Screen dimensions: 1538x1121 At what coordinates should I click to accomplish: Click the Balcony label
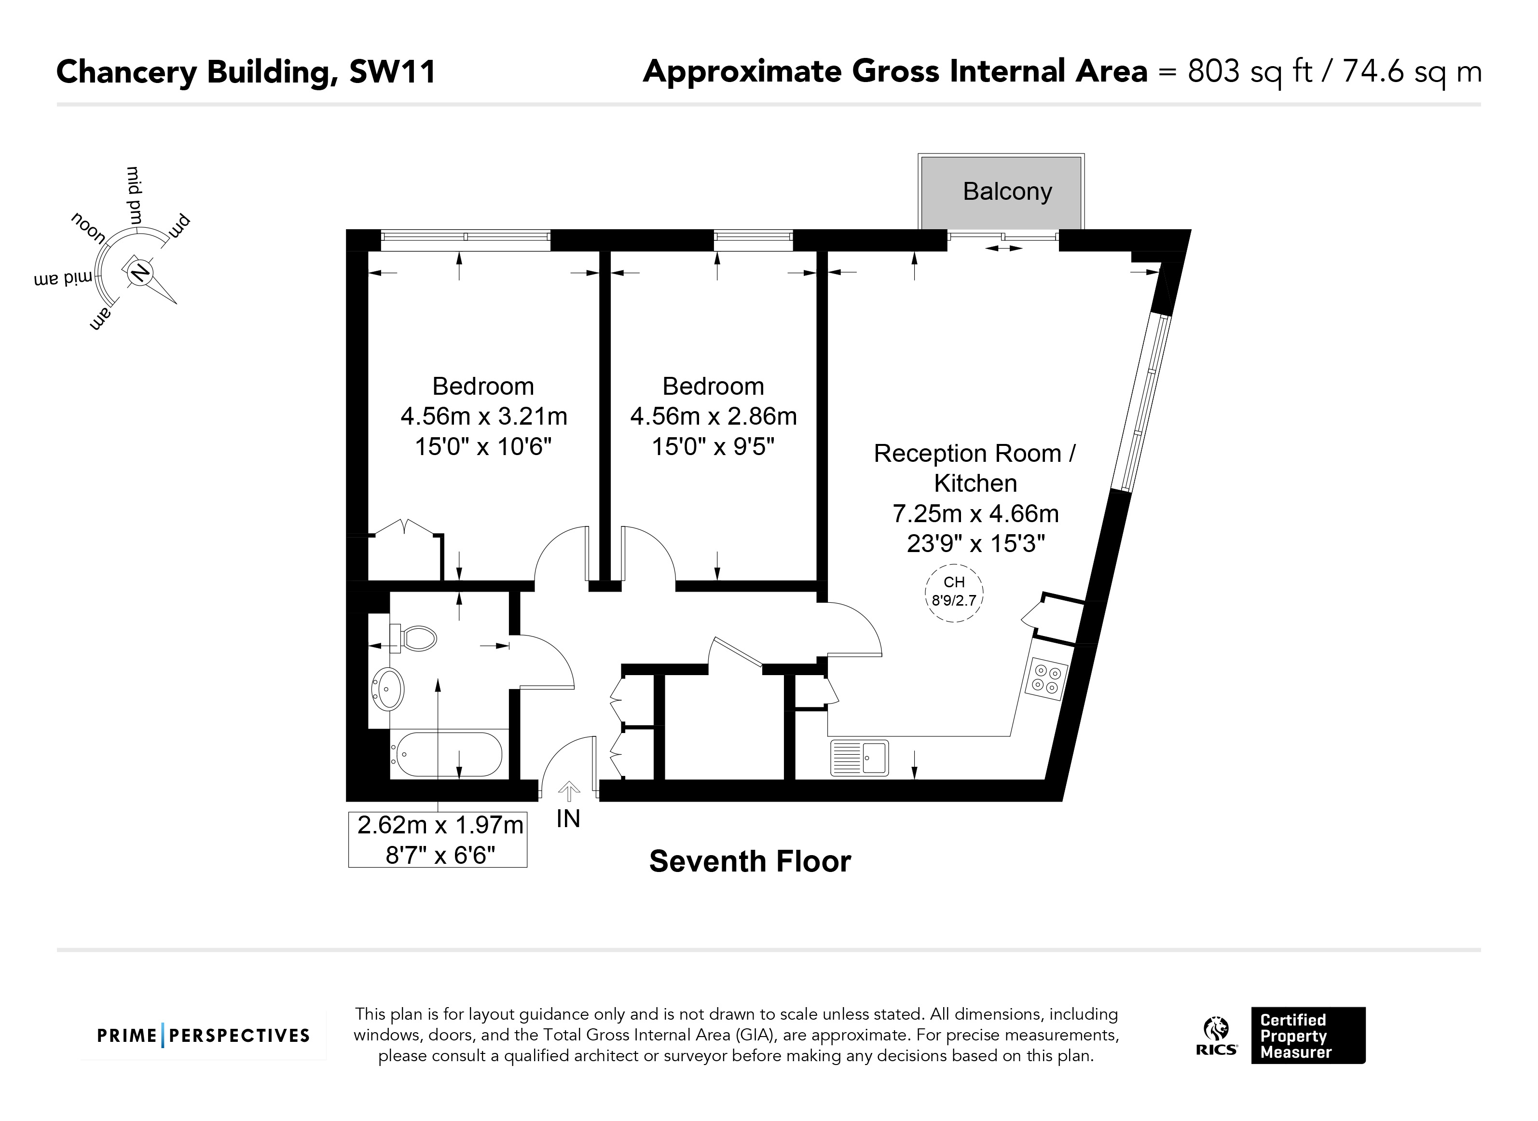tap(1007, 192)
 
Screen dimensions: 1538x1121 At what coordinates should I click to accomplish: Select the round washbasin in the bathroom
tap(388, 689)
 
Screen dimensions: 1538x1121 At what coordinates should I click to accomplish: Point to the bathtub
tap(448, 755)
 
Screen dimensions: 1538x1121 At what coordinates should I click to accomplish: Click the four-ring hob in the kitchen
tap(1045, 679)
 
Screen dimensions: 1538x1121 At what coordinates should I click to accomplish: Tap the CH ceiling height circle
tap(954, 593)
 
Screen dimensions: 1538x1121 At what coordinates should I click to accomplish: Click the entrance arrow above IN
tap(568, 792)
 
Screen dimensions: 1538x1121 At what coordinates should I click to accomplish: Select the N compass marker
tap(140, 273)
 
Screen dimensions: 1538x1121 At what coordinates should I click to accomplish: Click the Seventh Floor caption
tap(750, 862)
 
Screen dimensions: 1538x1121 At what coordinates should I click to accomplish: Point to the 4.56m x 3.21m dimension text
tap(484, 416)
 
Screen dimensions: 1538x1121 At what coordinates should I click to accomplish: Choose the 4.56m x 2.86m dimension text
tap(714, 416)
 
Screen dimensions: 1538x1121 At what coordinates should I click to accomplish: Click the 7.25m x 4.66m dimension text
tap(975, 513)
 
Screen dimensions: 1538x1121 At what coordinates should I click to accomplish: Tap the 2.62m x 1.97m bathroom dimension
tap(440, 825)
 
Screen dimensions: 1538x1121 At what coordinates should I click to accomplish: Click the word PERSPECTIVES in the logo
tap(239, 1036)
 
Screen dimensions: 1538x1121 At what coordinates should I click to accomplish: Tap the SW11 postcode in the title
tap(392, 72)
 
